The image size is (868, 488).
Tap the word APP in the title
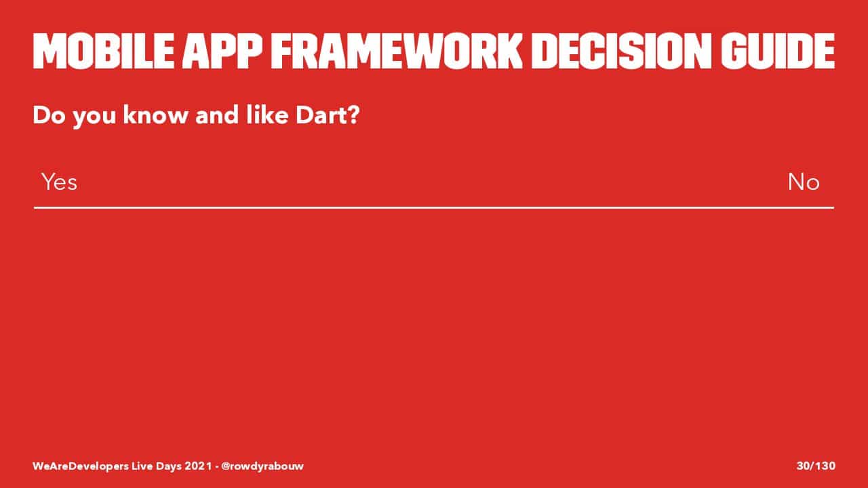[x=222, y=51]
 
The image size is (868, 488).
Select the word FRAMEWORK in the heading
[x=397, y=51]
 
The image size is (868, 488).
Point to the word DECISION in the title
[x=621, y=51]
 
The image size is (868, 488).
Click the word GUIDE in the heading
[x=777, y=51]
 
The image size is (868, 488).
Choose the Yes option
[x=59, y=182]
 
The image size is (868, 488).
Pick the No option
[x=804, y=182]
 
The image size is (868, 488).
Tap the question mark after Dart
[x=351, y=115]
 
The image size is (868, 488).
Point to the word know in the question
[x=155, y=115]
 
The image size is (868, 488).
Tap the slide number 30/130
[x=816, y=466]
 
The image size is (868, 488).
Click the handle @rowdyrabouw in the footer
[x=262, y=466]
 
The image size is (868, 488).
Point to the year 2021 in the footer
[x=198, y=466]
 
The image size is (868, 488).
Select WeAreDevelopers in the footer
[x=81, y=466]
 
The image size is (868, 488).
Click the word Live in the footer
[x=142, y=466]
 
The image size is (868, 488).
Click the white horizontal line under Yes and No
[x=434, y=208]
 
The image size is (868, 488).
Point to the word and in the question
[x=217, y=115]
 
